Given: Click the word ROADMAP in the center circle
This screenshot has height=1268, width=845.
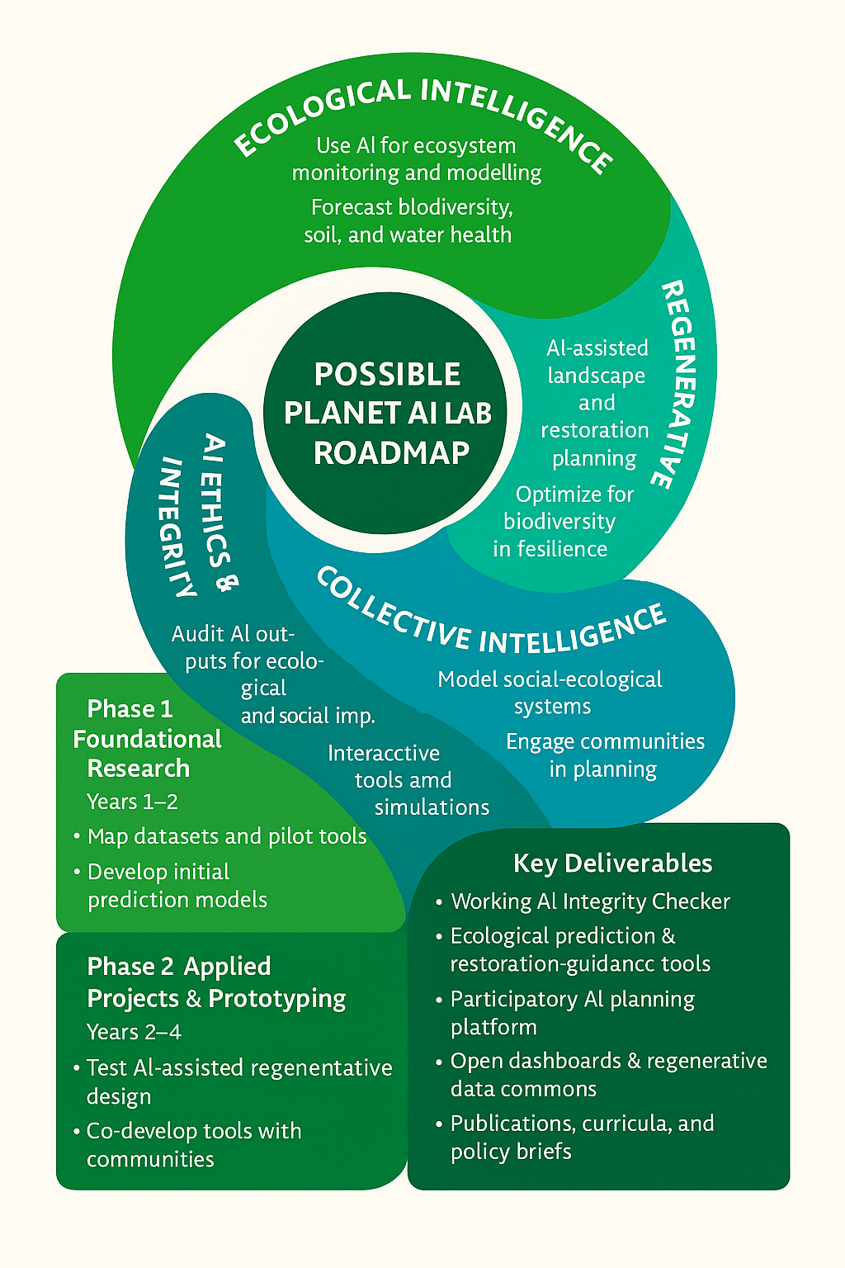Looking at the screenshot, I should click(391, 452).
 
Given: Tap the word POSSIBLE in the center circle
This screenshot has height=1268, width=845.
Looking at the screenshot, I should click(387, 374).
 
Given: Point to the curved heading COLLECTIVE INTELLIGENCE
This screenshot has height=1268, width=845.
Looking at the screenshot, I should click(491, 619).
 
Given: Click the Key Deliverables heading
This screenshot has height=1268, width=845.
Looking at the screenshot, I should click(612, 863).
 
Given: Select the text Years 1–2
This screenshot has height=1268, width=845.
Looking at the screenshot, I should click(132, 802).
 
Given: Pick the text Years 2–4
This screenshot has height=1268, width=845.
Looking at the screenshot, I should click(134, 1032).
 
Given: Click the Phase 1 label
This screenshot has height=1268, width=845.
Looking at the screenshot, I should click(130, 708).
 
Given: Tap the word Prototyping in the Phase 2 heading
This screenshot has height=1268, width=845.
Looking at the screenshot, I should click(276, 999).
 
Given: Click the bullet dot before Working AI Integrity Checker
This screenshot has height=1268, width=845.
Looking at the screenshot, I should click(439, 902).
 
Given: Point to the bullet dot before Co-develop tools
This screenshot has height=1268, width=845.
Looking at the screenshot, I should click(76, 1131).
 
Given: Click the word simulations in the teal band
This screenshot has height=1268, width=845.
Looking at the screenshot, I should click(432, 807).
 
